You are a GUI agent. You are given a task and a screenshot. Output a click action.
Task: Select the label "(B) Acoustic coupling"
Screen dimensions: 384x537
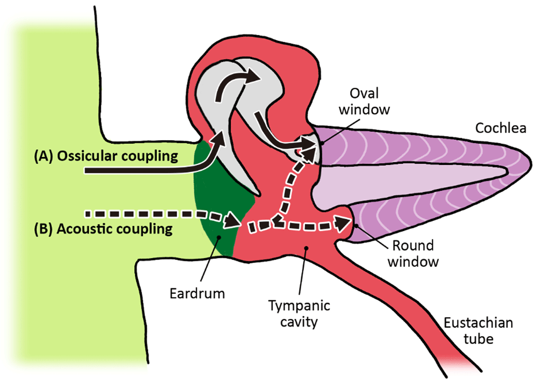(103, 229)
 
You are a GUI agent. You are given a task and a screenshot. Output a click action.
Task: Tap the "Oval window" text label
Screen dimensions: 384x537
(371, 102)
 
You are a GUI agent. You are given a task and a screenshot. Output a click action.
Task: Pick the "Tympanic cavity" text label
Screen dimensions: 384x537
(299, 314)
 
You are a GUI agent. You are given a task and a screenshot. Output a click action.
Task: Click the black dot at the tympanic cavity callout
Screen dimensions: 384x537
(306, 248)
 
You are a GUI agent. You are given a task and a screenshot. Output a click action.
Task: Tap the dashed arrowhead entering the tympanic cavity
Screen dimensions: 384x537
(233, 219)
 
